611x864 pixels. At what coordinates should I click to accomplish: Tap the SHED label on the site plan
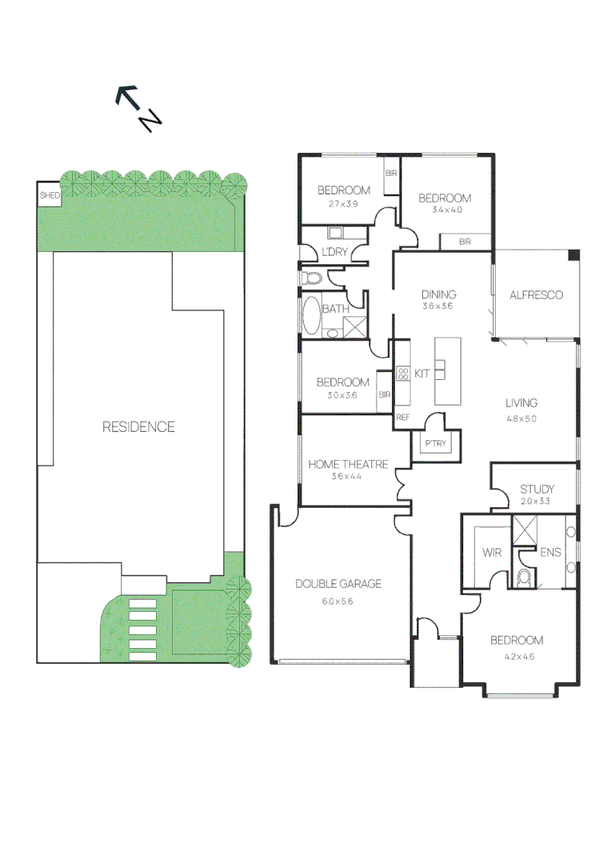[50, 195]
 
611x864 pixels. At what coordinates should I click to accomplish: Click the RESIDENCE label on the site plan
[138, 426]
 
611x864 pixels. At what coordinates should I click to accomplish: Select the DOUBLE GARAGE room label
[338, 584]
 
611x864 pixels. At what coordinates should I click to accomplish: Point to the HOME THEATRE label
[348, 464]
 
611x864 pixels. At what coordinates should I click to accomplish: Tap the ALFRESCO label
[536, 294]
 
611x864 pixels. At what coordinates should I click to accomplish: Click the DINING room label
[438, 294]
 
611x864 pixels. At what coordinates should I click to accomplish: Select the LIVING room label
[521, 403]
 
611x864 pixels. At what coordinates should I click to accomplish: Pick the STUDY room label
[537, 490]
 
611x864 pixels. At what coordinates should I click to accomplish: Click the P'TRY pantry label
[435, 443]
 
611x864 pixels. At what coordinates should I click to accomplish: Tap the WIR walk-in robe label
[490, 552]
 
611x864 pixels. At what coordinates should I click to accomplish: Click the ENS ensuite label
[550, 552]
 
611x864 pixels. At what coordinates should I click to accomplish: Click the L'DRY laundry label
[333, 253]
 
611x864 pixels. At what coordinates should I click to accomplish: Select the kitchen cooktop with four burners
[403, 374]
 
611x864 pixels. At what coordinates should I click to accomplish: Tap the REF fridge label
[402, 418]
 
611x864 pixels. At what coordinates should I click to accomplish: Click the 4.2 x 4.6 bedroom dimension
[517, 657]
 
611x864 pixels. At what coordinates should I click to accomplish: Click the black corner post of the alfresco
[573, 255]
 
